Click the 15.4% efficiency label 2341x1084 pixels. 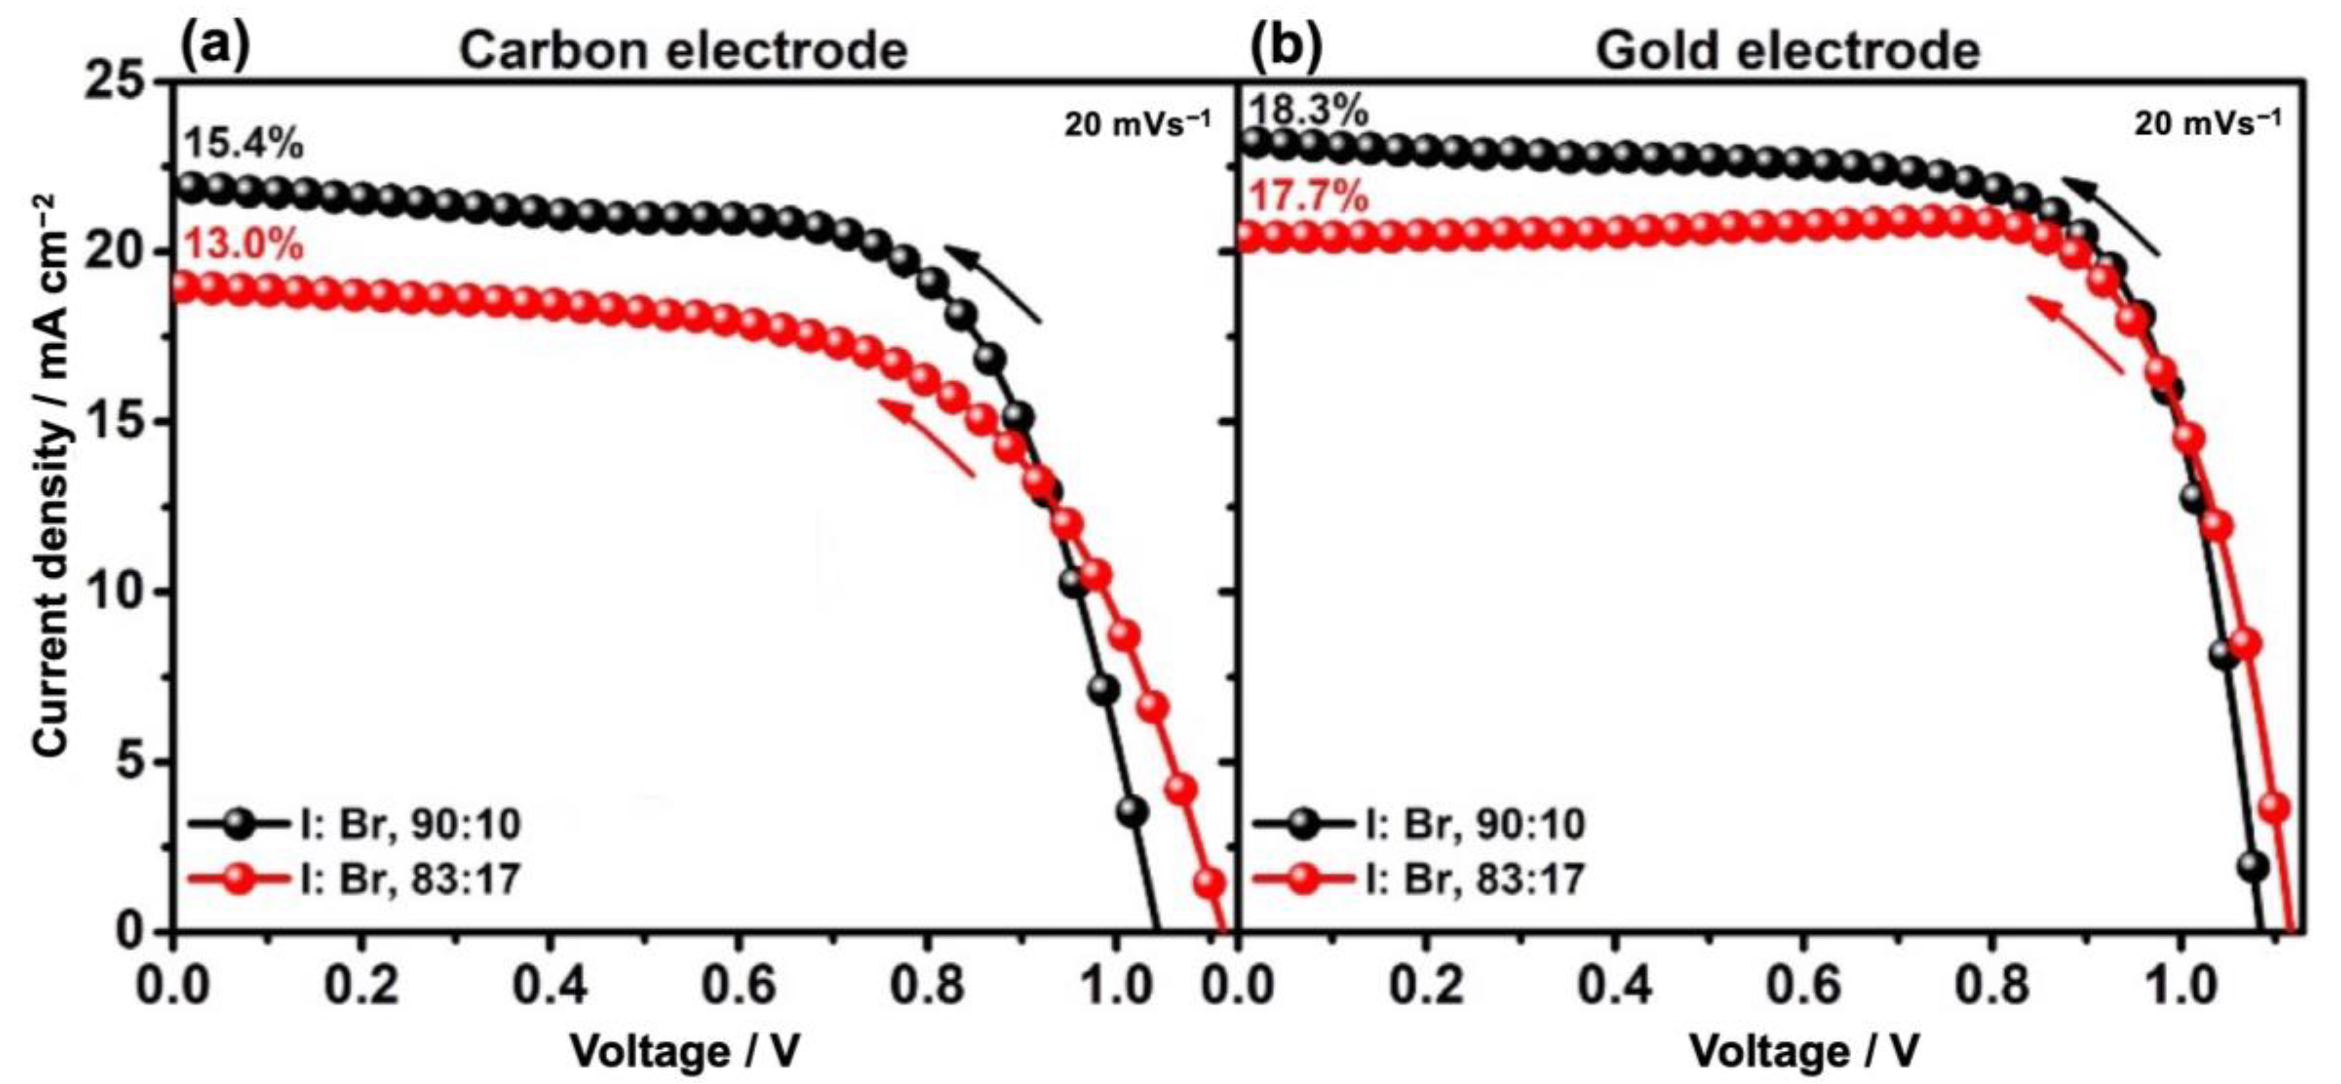[244, 144]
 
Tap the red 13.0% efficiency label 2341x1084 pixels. [244, 244]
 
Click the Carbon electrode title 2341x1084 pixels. [683, 50]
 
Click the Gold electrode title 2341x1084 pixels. [1788, 50]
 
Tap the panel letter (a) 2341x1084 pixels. [216, 47]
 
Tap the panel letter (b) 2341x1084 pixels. [1287, 47]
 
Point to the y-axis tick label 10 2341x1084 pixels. [116, 592]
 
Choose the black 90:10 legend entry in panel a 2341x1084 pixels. [355, 824]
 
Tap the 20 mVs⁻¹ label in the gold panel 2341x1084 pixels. [2207, 123]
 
